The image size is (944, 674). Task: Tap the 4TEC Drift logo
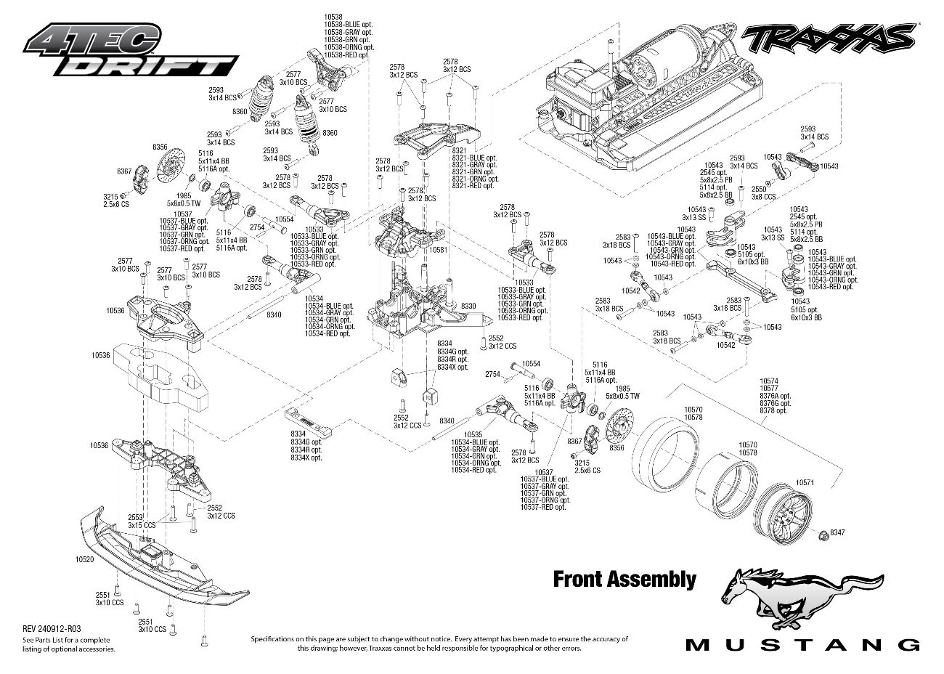click(x=131, y=51)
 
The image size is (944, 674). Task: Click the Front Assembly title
click(x=624, y=579)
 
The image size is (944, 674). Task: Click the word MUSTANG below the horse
click(x=803, y=644)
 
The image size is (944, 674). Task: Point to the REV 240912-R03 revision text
click(x=52, y=629)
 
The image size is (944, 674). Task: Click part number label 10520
click(x=84, y=559)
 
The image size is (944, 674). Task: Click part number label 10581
click(x=438, y=249)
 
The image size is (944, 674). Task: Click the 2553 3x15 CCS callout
click(x=142, y=520)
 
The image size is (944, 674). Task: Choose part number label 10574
click(x=769, y=381)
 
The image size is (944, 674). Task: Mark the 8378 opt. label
click(x=773, y=410)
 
